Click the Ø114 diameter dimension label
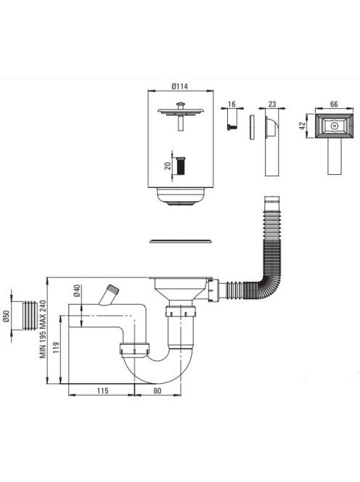coord(180,86)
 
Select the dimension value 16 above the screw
coord(232,105)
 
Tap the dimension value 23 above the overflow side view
coord(272,105)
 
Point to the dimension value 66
coord(334,105)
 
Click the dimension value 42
coord(303,126)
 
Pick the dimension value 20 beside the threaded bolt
coord(168,166)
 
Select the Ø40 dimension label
coord(76,290)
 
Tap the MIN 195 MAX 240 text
coord(42,330)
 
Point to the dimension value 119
coord(56,348)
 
